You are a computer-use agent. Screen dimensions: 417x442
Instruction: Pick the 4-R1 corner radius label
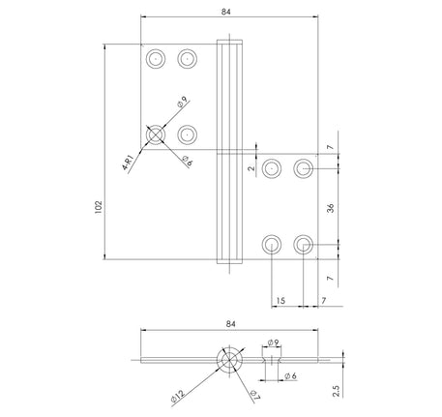tap(129, 160)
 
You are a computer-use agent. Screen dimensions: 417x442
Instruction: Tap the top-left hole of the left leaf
tap(154, 59)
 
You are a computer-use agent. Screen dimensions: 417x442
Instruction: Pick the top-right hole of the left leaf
tap(187, 59)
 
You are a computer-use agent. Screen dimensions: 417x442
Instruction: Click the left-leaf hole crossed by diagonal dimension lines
tap(155, 134)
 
